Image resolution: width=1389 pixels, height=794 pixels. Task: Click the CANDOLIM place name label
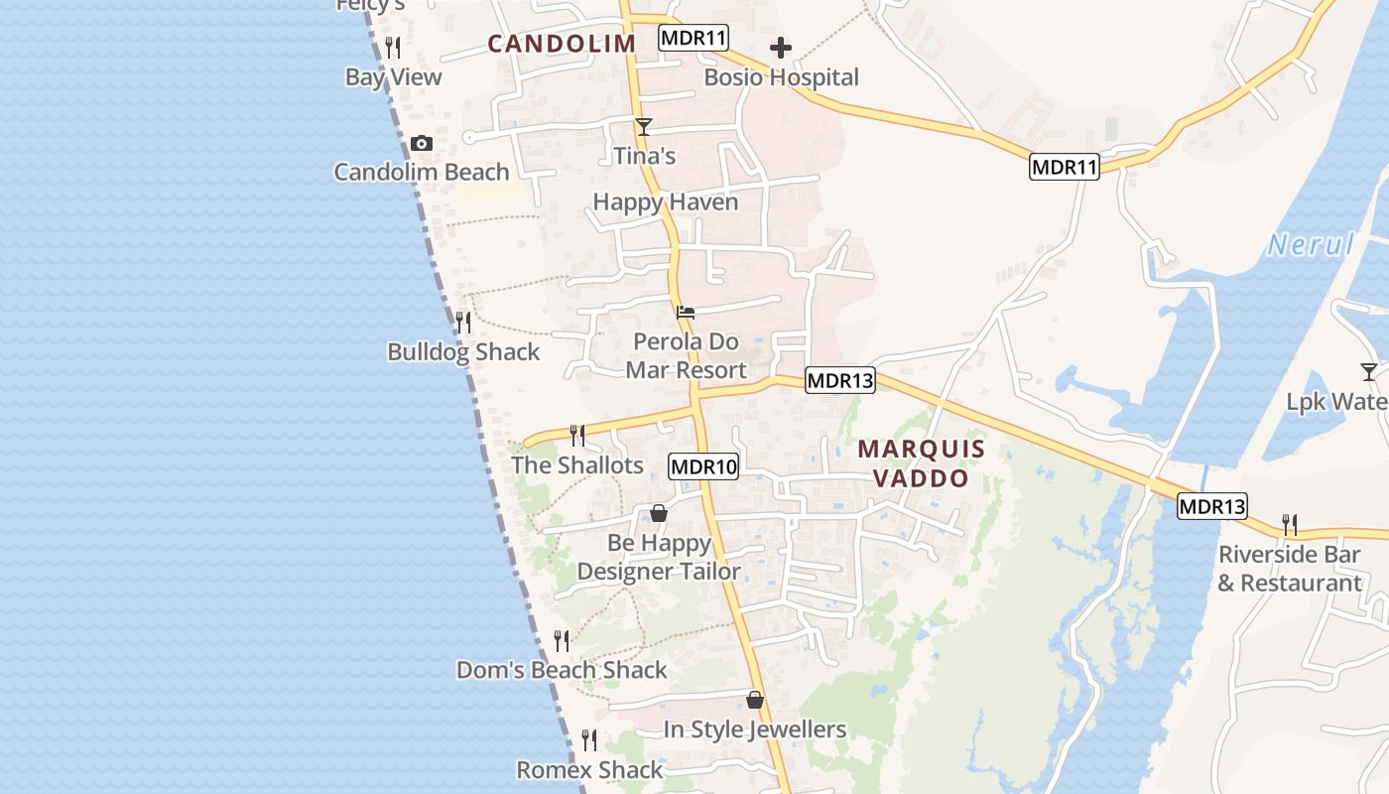tap(562, 44)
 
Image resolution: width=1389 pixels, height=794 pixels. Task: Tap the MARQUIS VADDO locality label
tap(921, 463)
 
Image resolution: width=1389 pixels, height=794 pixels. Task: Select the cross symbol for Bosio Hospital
tap(781, 48)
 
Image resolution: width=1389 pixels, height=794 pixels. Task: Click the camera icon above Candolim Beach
tap(422, 144)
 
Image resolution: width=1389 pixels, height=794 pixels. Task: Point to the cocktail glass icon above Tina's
tap(644, 127)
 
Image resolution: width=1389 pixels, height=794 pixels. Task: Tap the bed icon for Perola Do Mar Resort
tap(685, 313)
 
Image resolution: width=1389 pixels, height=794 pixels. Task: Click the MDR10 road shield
tap(704, 466)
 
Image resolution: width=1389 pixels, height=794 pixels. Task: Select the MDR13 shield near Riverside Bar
tap(1212, 506)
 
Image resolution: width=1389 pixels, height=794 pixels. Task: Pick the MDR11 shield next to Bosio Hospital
tap(694, 39)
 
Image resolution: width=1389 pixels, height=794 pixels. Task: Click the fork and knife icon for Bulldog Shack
tap(462, 323)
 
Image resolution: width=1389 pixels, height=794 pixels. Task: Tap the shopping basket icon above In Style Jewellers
tap(755, 700)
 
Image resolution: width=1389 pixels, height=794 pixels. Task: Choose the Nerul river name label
tap(1311, 244)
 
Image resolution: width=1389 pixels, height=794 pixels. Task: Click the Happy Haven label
tap(666, 202)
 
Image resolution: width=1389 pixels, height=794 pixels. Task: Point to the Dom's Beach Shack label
tap(562, 670)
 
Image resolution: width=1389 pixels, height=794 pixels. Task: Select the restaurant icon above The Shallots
tap(576, 435)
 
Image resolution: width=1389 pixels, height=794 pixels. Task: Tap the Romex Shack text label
tap(589, 770)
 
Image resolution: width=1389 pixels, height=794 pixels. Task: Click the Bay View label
tap(394, 77)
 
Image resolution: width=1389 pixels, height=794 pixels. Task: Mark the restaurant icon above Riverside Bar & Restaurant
tap(1289, 524)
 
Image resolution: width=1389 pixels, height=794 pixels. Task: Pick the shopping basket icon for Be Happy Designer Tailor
tap(658, 513)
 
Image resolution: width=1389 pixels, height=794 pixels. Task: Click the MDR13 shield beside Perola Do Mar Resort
tap(840, 379)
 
